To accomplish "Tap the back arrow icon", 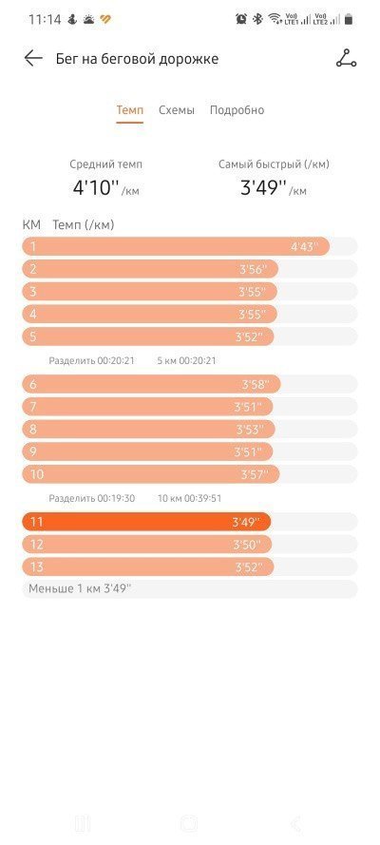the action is pyautogui.click(x=33, y=58).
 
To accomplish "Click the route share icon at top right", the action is pyautogui.click(x=346, y=58).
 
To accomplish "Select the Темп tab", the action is pyautogui.click(x=130, y=110).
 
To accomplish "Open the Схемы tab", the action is pyautogui.click(x=177, y=110).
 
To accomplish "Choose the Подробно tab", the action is pyautogui.click(x=237, y=110).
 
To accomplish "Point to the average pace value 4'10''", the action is pyautogui.click(x=96, y=187).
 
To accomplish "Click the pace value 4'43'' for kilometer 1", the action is pyautogui.click(x=305, y=247).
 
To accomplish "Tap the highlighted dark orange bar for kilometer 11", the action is pyautogui.click(x=146, y=522).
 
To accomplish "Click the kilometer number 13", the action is pyautogui.click(x=36, y=567).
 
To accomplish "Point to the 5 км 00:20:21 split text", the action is pyautogui.click(x=186, y=360).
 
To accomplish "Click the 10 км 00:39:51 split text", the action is pyautogui.click(x=189, y=498).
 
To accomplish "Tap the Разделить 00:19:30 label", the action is pyautogui.click(x=91, y=498).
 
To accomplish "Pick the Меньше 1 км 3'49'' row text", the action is pyautogui.click(x=80, y=588).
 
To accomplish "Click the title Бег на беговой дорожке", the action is pyautogui.click(x=137, y=59).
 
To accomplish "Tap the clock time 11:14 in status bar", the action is pyautogui.click(x=45, y=20).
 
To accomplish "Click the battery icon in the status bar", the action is pyautogui.click(x=349, y=19).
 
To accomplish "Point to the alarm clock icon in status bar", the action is pyautogui.click(x=241, y=19).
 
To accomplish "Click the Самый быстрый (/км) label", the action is pyautogui.click(x=274, y=164).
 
